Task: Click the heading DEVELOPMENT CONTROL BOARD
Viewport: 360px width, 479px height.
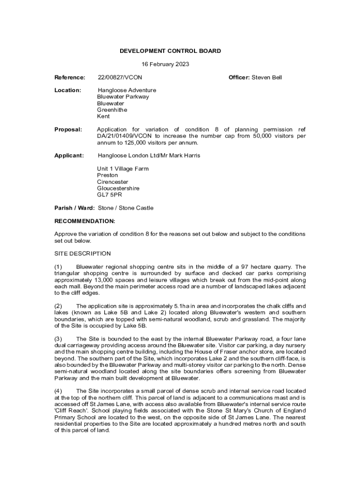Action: [x=170, y=51]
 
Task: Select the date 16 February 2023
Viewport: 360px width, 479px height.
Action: [x=165, y=64]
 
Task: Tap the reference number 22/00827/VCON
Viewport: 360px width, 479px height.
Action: [x=120, y=77]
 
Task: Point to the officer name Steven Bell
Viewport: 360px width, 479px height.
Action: [x=266, y=77]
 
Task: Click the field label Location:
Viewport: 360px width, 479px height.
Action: [x=68, y=90]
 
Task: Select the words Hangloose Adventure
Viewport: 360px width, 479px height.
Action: [x=127, y=90]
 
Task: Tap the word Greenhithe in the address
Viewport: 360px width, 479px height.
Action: [x=112, y=110]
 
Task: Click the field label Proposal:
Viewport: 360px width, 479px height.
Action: [x=68, y=130]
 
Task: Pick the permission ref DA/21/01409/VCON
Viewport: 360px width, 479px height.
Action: [x=123, y=136]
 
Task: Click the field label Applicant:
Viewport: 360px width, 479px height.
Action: [x=69, y=155]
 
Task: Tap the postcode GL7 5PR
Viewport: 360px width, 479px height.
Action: [x=109, y=195]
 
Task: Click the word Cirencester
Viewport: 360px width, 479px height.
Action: [x=112, y=182]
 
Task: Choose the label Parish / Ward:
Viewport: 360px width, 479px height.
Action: [x=74, y=208]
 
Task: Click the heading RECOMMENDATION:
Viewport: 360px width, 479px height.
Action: [x=85, y=221]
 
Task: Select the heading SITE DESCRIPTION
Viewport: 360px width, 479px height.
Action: [x=82, y=254]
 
